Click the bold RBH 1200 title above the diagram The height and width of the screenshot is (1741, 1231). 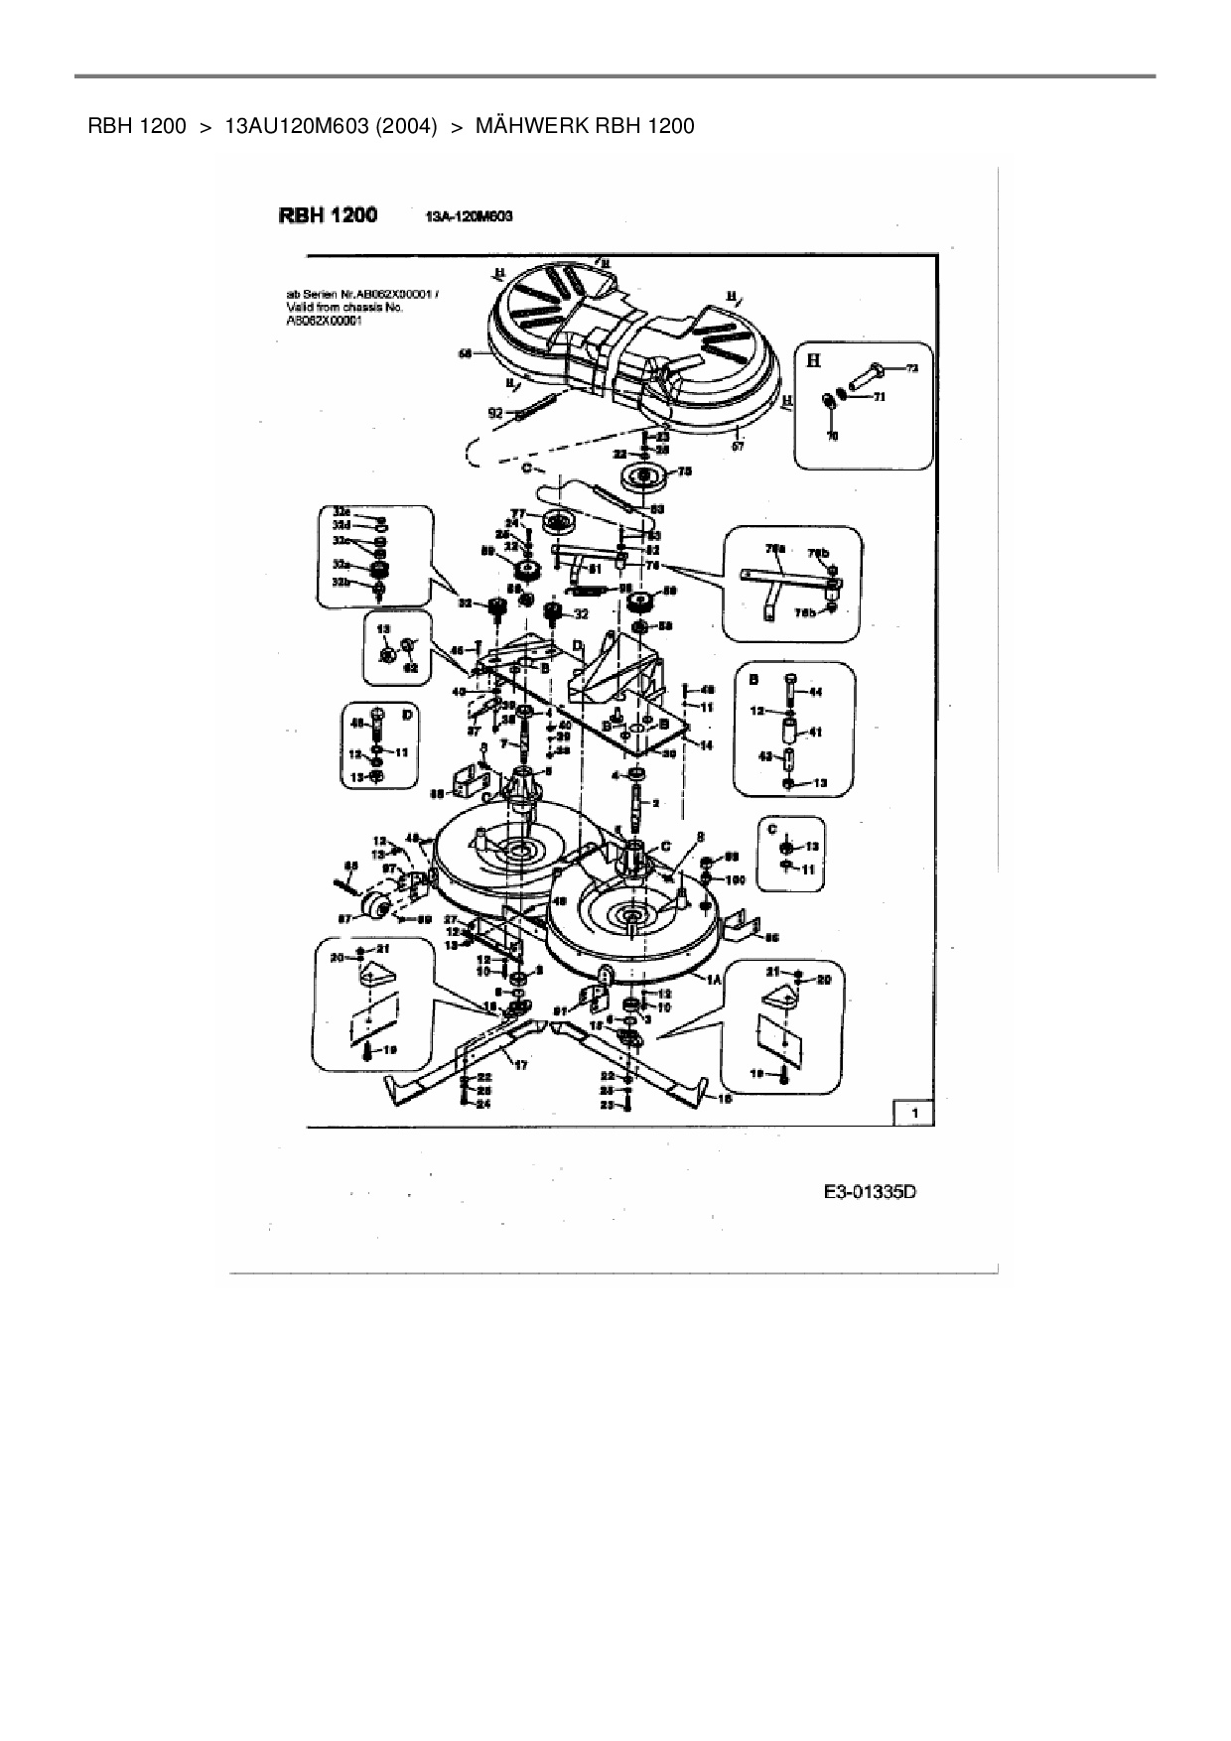[x=328, y=214]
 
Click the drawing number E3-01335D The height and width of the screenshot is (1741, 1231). [x=869, y=1192]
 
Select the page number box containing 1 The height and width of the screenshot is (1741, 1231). [x=914, y=1114]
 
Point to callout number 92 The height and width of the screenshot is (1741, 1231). [x=493, y=412]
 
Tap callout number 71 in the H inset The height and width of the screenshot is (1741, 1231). [x=879, y=397]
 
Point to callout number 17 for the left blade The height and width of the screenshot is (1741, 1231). [x=520, y=1064]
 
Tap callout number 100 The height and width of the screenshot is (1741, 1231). [x=735, y=879]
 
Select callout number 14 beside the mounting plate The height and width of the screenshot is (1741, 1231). [x=707, y=744]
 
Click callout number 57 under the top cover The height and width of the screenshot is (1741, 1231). [x=738, y=446]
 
